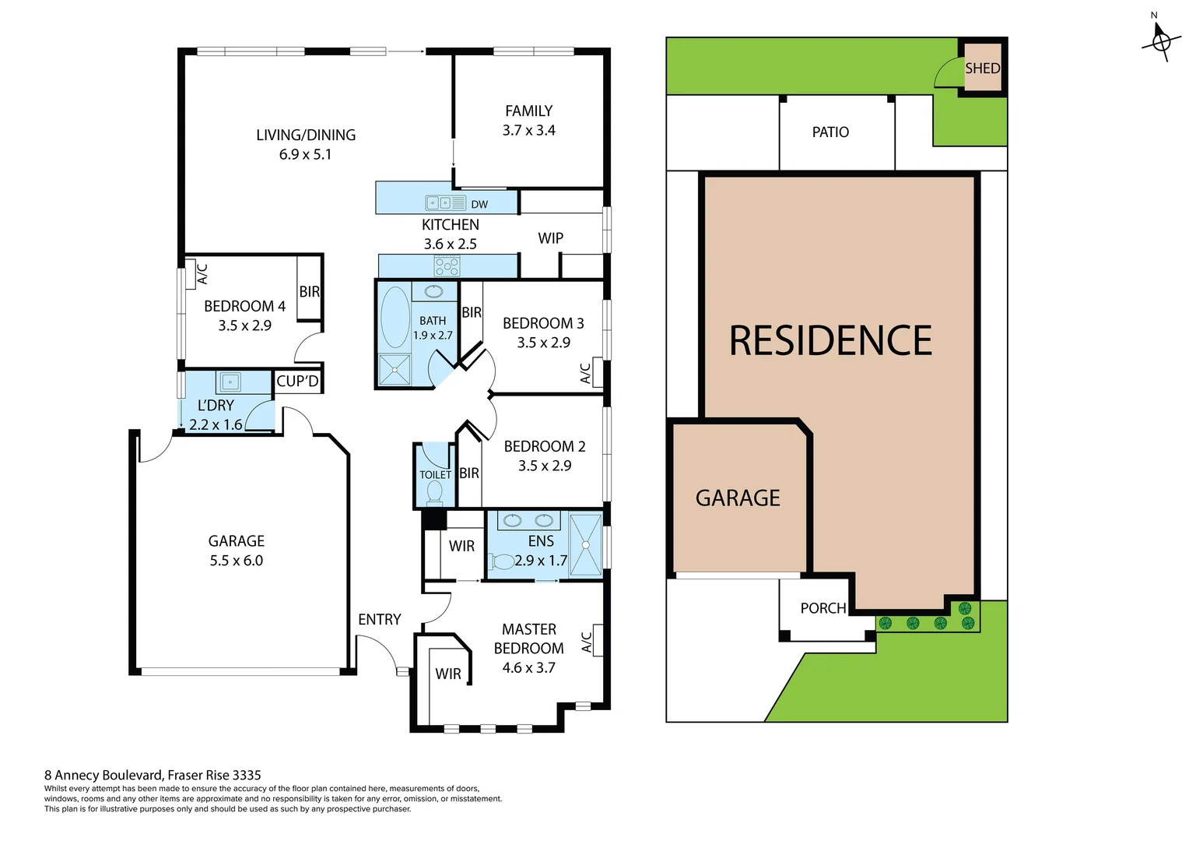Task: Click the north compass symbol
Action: (x=1160, y=40)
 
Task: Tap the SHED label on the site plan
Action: (x=982, y=69)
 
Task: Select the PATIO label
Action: (x=830, y=132)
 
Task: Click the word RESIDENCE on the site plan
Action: (x=830, y=341)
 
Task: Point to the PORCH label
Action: (x=822, y=608)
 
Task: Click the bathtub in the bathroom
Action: (x=395, y=317)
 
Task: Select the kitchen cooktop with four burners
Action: (x=447, y=266)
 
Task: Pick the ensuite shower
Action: (x=585, y=544)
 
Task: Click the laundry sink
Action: (x=230, y=382)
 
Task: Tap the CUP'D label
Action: (x=297, y=382)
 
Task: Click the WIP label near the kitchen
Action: (x=550, y=238)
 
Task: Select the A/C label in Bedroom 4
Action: (x=202, y=274)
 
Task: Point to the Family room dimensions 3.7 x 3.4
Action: (x=528, y=131)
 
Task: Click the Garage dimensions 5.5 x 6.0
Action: (x=236, y=561)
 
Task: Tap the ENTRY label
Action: (x=379, y=620)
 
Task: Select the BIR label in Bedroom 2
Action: (x=468, y=473)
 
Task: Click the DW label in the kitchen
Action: (x=479, y=205)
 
